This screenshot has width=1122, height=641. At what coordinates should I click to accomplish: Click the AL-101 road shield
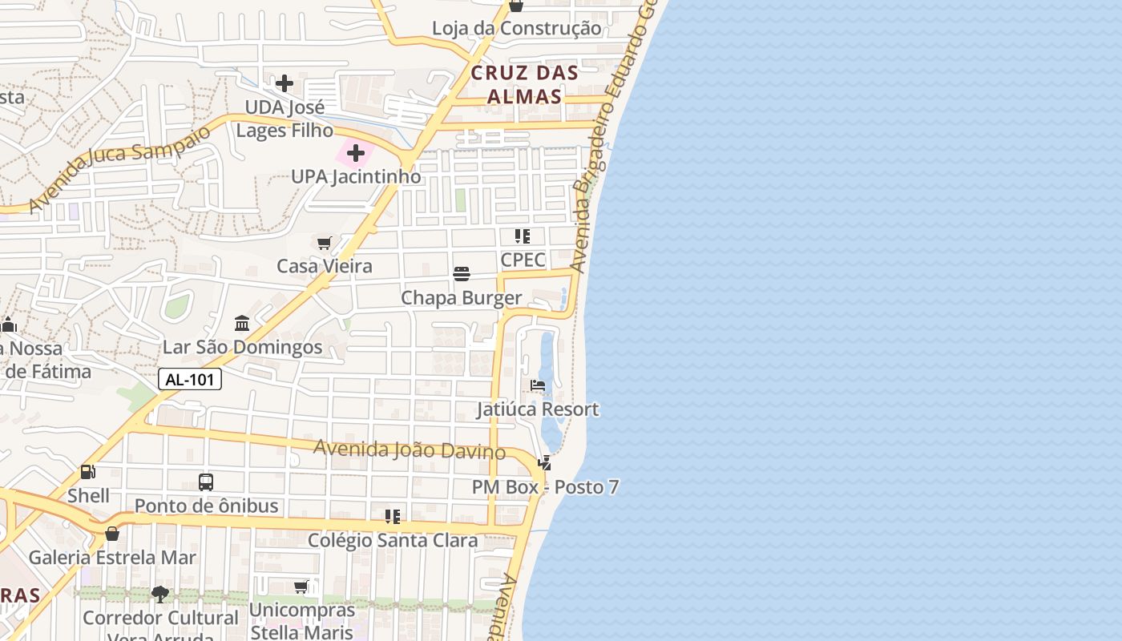point(190,379)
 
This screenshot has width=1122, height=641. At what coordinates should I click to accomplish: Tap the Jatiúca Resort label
point(538,409)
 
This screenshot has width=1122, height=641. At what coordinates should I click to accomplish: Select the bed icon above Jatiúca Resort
point(538,386)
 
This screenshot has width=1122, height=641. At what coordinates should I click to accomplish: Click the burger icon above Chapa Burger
point(462,275)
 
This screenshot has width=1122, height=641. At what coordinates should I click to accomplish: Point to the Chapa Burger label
point(462,298)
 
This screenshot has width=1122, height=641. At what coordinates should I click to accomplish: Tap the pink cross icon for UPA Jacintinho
point(356,152)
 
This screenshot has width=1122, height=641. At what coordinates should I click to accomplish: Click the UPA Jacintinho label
point(356,176)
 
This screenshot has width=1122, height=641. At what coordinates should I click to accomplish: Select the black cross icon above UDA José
point(285,83)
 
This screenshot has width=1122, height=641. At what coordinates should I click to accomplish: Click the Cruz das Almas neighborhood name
point(525,84)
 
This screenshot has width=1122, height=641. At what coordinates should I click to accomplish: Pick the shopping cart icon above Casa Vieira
point(325,243)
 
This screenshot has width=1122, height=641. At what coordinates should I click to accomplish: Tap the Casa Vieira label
point(325,266)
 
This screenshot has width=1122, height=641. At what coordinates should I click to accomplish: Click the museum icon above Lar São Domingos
point(242,324)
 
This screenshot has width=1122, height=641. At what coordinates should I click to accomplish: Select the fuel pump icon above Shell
point(88,472)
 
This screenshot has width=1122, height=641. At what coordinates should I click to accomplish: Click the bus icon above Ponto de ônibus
point(206,482)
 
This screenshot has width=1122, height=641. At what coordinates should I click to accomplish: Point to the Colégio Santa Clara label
point(393,540)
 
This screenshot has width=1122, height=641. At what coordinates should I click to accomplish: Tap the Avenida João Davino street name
point(409,450)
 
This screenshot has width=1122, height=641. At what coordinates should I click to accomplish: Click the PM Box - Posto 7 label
point(545,487)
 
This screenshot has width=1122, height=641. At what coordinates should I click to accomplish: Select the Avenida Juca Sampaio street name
point(120,168)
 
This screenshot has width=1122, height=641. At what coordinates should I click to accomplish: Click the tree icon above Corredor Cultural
point(160,595)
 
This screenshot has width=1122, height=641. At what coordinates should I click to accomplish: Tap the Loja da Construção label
point(516,29)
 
